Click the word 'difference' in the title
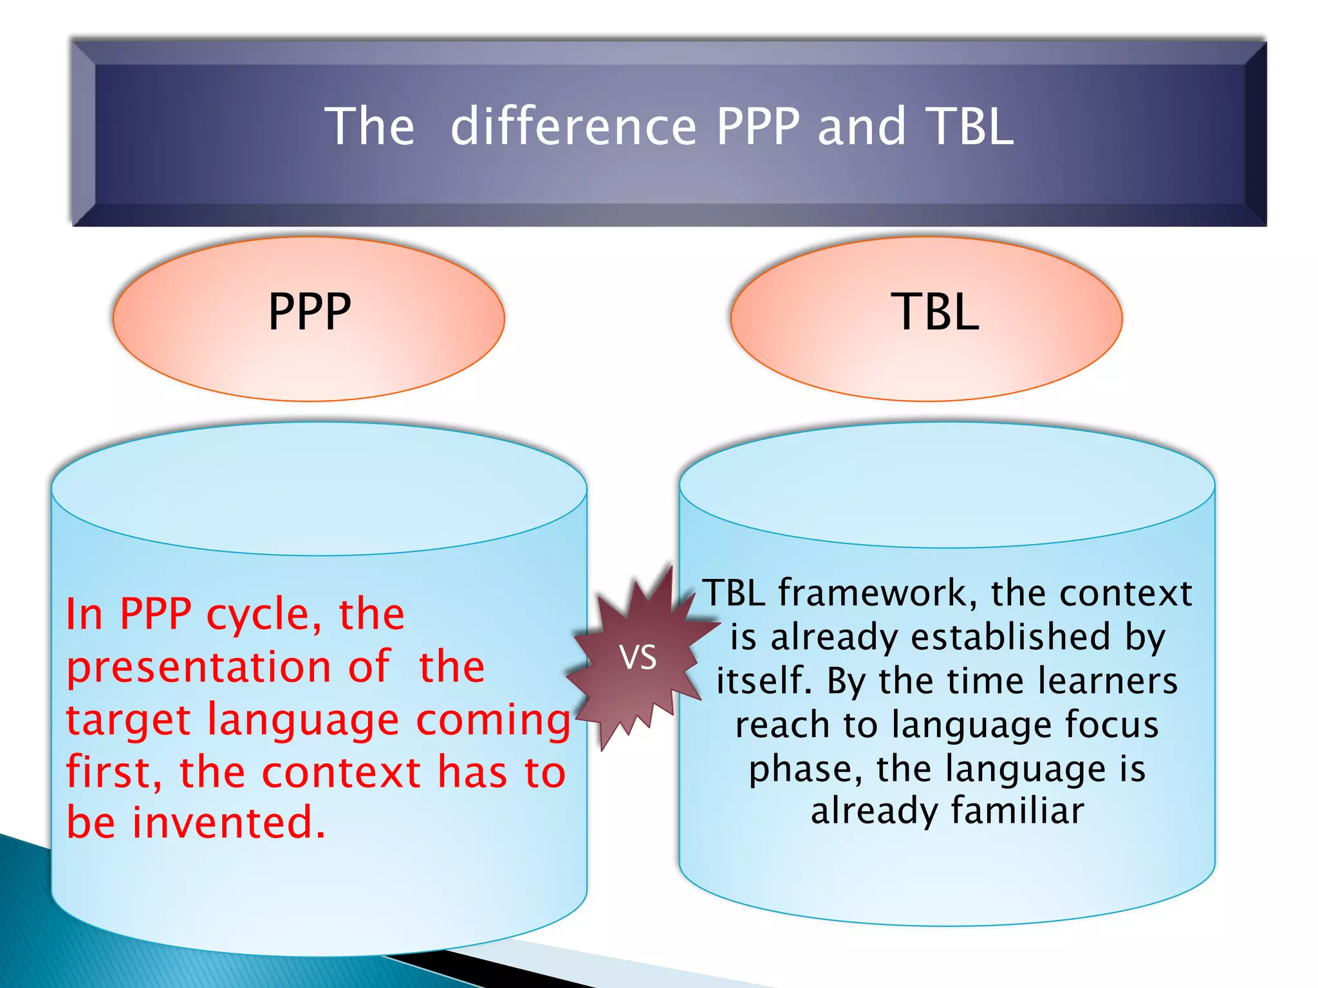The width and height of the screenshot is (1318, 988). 573,127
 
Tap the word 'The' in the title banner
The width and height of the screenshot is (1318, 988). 369,127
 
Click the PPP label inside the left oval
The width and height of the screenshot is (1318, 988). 310,313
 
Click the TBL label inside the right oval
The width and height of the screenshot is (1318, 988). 935,313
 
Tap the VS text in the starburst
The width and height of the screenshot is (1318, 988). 638,658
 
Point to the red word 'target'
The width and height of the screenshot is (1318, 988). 128,720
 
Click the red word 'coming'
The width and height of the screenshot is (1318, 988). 493,720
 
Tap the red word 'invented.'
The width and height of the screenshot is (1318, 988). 228,824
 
